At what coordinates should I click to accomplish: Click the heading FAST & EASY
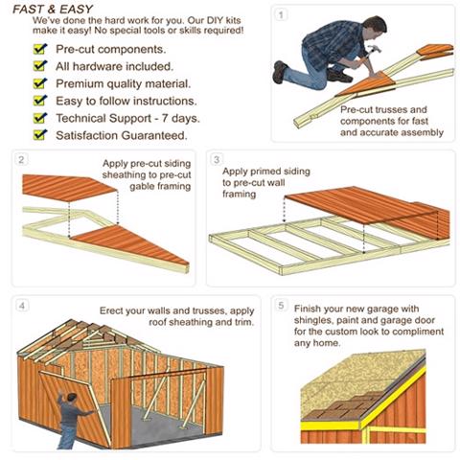pyautogui.click(x=53, y=9)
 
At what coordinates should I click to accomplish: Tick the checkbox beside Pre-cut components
pyautogui.click(x=39, y=49)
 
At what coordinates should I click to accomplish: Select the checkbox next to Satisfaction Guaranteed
pyautogui.click(x=39, y=134)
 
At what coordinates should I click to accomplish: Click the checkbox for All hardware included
pyautogui.click(x=39, y=65)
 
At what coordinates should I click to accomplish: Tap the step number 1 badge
pyautogui.click(x=281, y=14)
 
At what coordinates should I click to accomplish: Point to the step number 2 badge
pyautogui.click(x=21, y=159)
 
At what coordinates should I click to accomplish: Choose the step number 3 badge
pyautogui.click(x=217, y=159)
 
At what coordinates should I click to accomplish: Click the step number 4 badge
pyautogui.click(x=22, y=306)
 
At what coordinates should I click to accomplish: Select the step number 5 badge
pyautogui.click(x=281, y=306)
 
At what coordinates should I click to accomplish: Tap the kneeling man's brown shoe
pyautogui.click(x=279, y=72)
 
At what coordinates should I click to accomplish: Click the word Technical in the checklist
pyautogui.click(x=77, y=118)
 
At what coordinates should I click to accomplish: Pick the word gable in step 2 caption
pyautogui.click(x=140, y=187)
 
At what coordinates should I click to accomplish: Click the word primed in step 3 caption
pyautogui.click(x=264, y=172)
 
